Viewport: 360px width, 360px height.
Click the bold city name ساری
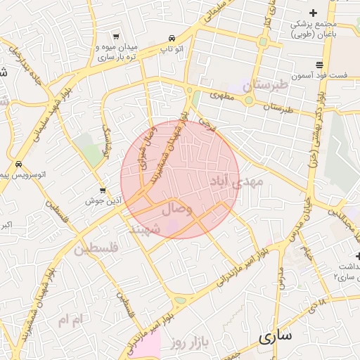[x=274, y=336]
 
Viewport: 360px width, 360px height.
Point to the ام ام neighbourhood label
[x=70, y=320]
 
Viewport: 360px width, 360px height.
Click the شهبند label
[x=146, y=229]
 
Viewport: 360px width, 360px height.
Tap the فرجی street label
[x=207, y=126]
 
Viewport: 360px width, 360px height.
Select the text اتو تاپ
[x=172, y=49]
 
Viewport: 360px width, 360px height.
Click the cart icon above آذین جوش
[x=103, y=191]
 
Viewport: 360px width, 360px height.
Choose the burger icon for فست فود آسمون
[x=320, y=65]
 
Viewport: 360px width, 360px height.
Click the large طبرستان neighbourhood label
[x=265, y=86]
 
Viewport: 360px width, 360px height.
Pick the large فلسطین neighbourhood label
[x=96, y=247]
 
